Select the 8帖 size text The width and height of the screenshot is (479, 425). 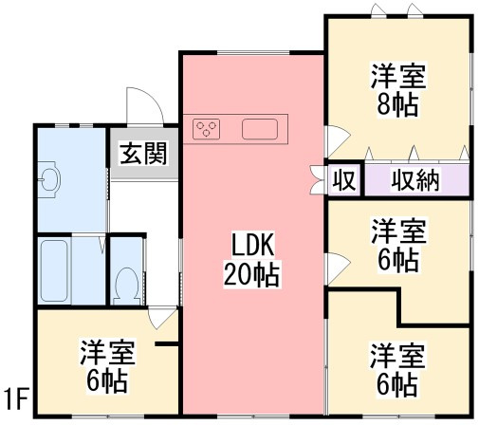pyautogui.click(x=397, y=103)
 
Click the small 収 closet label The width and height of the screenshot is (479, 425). pyautogui.click(x=342, y=180)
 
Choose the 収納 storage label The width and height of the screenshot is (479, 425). pyautogui.click(x=415, y=180)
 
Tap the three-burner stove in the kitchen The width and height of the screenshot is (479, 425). pyautogui.click(x=208, y=129)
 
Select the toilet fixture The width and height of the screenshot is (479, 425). pyautogui.click(x=125, y=282)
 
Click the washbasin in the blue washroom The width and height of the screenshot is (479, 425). pyautogui.click(x=49, y=177)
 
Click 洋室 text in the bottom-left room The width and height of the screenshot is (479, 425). pyautogui.click(x=107, y=354)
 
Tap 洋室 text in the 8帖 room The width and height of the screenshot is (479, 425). pyautogui.click(x=397, y=74)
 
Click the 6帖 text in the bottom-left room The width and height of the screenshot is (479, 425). pyautogui.click(x=107, y=382)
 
